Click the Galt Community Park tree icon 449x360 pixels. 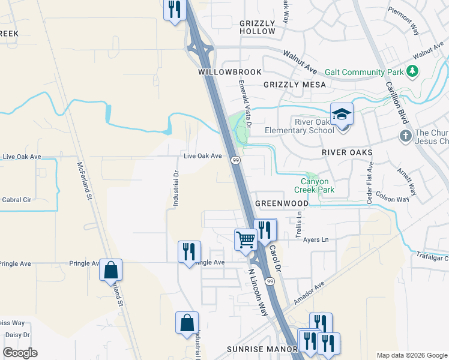[412, 72]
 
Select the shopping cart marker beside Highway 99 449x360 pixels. [246, 239]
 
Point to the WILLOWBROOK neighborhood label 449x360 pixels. [230, 72]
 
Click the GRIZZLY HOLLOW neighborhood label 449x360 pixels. [257, 27]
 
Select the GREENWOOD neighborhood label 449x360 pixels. [282, 204]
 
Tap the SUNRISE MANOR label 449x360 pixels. [262, 349]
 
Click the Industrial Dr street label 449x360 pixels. [176, 190]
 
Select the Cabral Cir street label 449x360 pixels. [17, 200]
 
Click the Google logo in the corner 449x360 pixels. [20, 353]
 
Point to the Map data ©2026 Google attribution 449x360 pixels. [411, 355]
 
